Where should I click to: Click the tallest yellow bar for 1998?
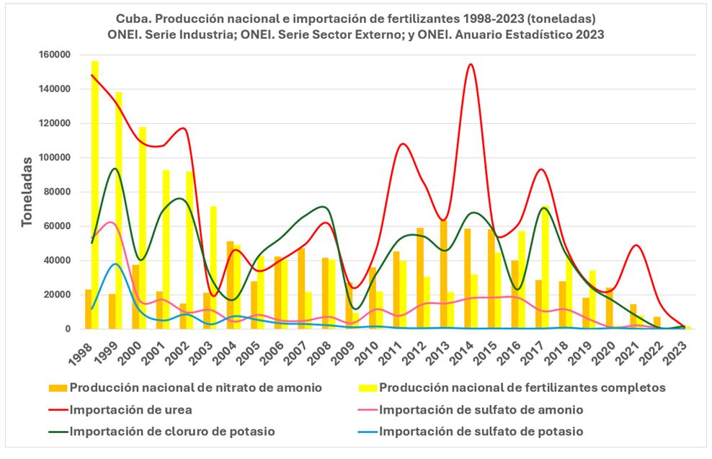click(95, 195)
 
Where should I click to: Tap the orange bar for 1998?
click(88, 309)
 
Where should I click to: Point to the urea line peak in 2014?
click(470, 64)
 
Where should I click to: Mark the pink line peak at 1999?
click(110, 222)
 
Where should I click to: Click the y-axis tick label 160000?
click(54, 55)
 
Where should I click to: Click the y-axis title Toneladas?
click(27, 191)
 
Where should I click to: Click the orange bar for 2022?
click(657, 322)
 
